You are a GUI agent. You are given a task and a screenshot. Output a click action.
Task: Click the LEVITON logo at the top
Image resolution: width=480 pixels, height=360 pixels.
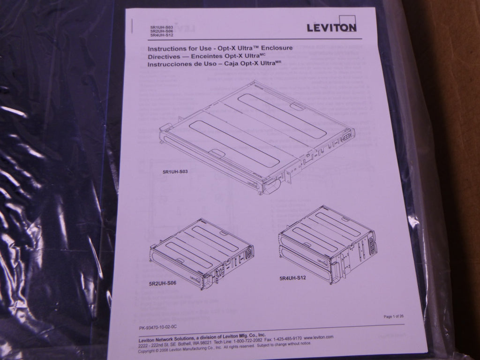coord(331,27)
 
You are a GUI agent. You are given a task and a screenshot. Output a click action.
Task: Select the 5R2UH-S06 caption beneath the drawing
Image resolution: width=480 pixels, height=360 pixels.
coord(162,284)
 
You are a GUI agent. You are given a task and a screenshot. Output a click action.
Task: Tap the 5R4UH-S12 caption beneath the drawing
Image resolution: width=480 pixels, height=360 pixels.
coord(293,278)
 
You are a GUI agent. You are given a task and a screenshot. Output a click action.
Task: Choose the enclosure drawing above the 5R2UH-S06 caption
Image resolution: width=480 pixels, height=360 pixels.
coord(202,253)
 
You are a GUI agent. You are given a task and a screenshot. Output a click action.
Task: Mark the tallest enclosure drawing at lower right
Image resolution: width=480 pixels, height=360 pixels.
coord(328,244)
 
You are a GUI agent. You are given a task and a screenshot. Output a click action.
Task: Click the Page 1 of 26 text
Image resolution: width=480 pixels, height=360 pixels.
coord(393,316)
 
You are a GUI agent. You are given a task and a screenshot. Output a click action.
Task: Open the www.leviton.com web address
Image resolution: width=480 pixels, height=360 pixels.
coord(318,337)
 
